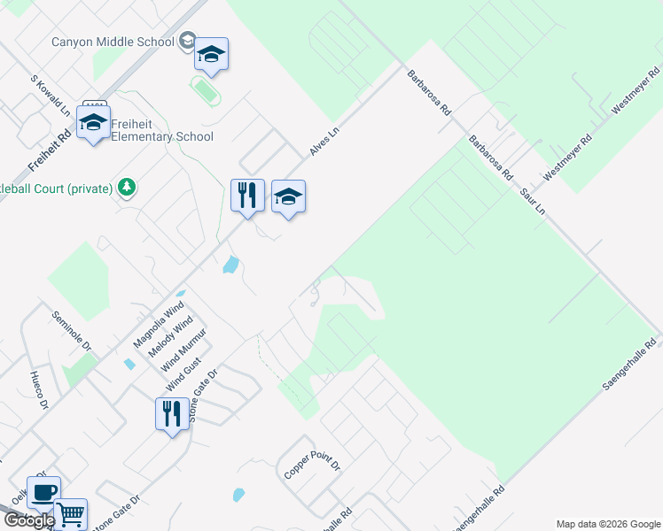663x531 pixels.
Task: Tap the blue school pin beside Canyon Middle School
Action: [x=212, y=56]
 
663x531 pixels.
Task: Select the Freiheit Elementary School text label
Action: [x=157, y=137]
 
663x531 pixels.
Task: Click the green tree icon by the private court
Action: [x=128, y=187]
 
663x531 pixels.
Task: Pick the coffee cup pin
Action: [x=43, y=492]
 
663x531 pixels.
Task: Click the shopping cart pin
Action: [x=70, y=513]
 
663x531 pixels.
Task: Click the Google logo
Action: [x=28, y=520]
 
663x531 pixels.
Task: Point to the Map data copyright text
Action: [x=607, y=524]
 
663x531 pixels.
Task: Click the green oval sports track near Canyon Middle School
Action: [x=207, y=89]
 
